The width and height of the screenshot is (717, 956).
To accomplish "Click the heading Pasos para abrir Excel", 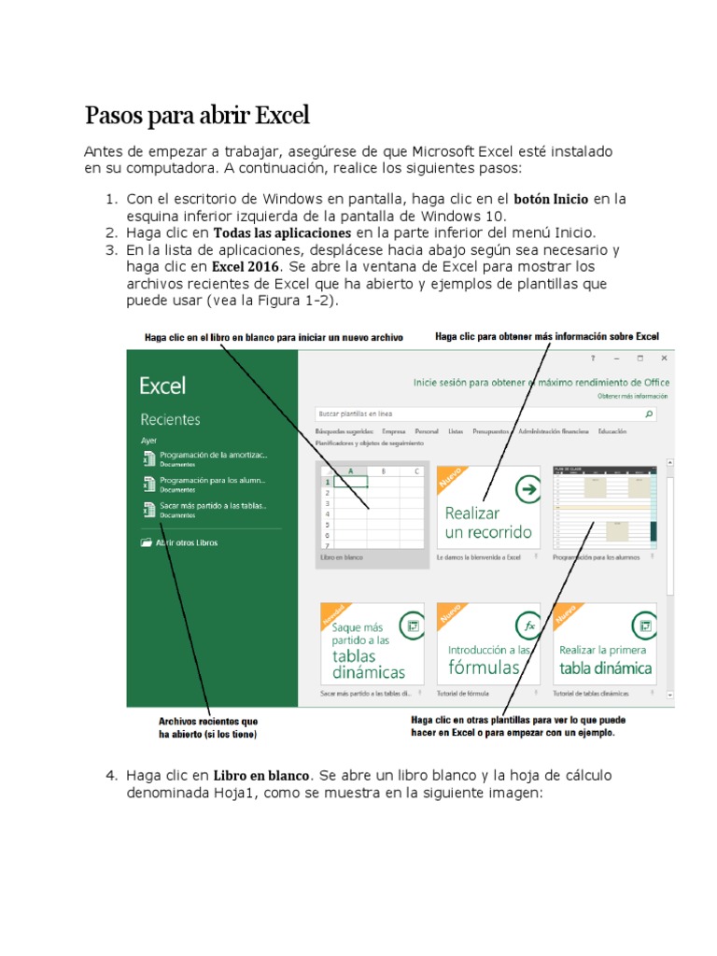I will point(196,117).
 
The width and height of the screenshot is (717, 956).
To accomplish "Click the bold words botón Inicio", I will point(551,199).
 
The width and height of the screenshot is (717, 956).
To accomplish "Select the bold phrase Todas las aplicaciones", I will point(282,232).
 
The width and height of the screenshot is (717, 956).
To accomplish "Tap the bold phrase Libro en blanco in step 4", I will point(261,776).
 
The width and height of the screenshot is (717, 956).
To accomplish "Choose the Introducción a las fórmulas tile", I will point(487,643).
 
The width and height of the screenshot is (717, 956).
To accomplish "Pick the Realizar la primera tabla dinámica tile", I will point(604,643).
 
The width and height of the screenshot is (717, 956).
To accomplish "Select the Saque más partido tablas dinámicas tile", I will point(372,643).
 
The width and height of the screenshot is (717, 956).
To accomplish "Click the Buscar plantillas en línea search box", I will point(476,413).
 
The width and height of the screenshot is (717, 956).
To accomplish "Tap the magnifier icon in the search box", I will point(649,413).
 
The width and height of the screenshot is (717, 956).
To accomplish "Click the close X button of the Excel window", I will point(664,358).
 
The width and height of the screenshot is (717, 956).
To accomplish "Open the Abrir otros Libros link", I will point(186,542).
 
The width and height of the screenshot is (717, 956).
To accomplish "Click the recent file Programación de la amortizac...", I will point(213,455).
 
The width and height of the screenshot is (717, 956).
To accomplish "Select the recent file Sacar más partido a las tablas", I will point(213,506).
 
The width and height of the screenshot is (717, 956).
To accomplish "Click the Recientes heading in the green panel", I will point(170,420).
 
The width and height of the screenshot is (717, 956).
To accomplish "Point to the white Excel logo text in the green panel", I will point(162,386).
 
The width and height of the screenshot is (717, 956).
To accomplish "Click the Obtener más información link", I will point(634,396).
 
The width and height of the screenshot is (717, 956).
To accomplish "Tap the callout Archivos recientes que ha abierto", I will point(208,727).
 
